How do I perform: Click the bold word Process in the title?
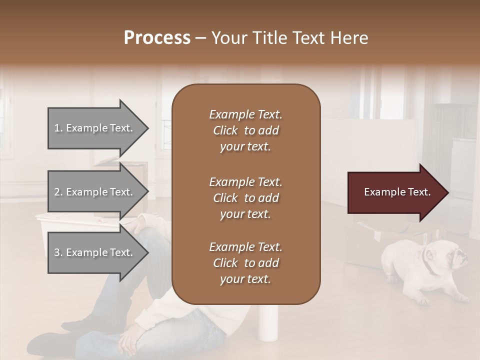157,38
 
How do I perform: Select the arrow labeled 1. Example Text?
95,128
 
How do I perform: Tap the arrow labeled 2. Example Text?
95,192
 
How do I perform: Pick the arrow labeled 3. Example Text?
95,252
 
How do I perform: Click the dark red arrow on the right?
395,192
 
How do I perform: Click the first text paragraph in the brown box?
245,130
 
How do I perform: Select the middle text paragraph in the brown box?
245,198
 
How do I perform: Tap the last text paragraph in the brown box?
245,263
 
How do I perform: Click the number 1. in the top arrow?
58,128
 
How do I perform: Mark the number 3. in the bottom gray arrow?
58,252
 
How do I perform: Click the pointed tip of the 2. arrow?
147,192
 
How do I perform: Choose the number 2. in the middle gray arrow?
58,192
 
